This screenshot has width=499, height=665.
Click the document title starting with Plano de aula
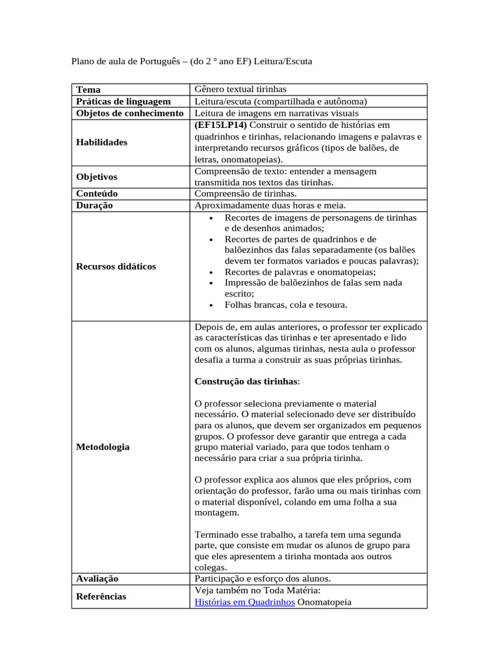point(191,62)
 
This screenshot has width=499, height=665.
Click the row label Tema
point(88,89)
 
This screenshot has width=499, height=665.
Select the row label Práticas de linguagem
point(123,101)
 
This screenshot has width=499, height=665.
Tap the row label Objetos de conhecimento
point(130,113)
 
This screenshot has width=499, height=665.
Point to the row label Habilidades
point(101,142)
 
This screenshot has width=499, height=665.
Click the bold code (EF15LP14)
point(221,125)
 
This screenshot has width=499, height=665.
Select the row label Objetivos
point(97,177)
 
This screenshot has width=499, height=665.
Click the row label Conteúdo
point(97,194)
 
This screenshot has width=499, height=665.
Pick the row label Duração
point(94,205)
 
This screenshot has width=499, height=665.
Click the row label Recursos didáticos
point(116,266)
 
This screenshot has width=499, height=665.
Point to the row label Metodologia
point(103,447)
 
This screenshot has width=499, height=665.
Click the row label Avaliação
point(97,578)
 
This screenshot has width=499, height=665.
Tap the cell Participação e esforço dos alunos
point(262,578)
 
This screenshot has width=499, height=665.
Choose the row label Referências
point(101,596)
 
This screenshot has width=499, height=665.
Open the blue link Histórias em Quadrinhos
point(244,602)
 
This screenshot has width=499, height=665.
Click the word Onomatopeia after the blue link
point(324,602)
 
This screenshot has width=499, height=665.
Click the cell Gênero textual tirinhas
point(240,89)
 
